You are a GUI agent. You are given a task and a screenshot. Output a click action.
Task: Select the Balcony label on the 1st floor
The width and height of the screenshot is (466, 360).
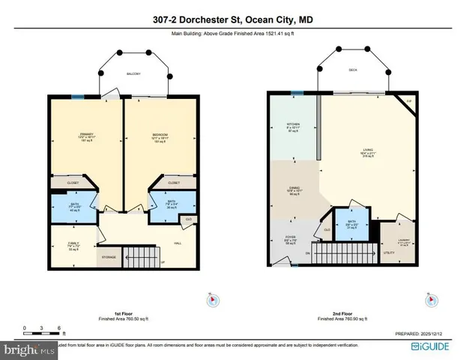coord(133,74)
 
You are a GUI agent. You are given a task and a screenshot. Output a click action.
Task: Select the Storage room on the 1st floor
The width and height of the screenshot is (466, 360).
coord(109,257)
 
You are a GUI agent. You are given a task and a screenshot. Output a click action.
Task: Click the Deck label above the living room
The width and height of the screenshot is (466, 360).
coord(353,71)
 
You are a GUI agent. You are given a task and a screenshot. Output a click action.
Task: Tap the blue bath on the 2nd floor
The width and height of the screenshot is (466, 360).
coord(351,224)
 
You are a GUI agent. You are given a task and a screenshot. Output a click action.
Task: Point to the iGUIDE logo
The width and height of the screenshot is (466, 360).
coord(435,347)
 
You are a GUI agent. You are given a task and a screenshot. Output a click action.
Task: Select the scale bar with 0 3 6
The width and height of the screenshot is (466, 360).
coord(43,331)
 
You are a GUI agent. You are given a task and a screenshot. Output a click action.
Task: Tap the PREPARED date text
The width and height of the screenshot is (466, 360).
coord(424,334)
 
